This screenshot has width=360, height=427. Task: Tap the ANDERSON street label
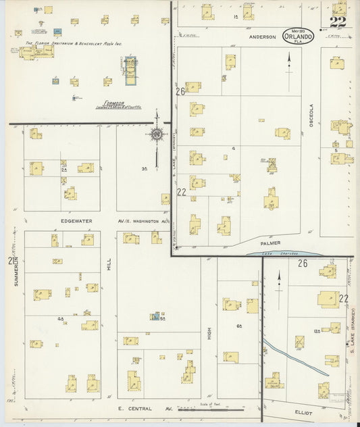pos(262,37)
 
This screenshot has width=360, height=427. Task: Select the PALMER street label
pos(269,243)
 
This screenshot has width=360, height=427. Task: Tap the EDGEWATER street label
pos(76,221)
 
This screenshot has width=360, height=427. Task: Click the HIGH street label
pos(209,333)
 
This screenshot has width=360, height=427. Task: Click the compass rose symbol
pos(157,134)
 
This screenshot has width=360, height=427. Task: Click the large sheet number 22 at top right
pos(338,21)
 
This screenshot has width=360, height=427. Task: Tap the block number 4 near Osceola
pos(232,147)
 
